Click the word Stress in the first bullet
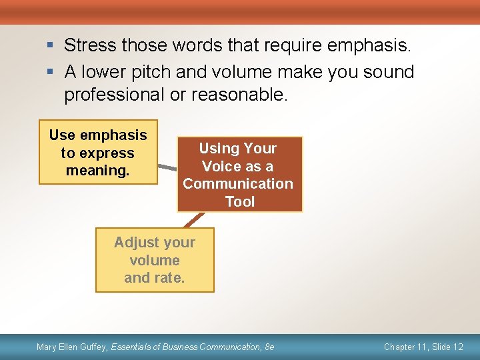[90, 46]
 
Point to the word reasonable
[239, 95]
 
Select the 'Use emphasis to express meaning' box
[98, 152]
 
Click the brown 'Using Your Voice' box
[239, 174]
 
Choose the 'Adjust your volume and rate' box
[155, 260]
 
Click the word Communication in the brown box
[238, 184]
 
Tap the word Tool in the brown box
[239, 201]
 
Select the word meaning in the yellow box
[98, 171]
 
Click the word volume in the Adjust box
[155, 260]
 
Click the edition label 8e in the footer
[269, 347]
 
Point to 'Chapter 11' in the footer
[405, 347]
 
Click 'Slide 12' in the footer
[448, 347]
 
